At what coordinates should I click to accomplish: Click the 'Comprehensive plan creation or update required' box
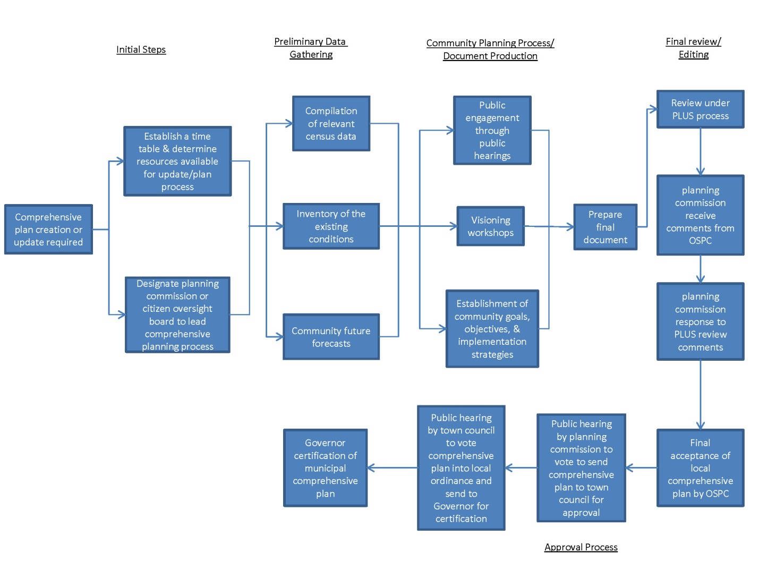click(x=48, y=230)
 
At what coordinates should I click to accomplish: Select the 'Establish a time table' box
click(x=177, y=161)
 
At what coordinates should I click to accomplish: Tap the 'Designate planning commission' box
click(x=177, y=315)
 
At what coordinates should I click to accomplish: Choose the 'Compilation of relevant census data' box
click(x=331, y=123)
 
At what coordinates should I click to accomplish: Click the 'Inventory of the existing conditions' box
click(x=331, y=226)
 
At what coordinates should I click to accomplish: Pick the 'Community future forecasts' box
click(x=331, y=337)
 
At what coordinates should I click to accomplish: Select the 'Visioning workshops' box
click(x=490, y=226)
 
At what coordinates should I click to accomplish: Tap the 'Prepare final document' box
click(x=605, y=227)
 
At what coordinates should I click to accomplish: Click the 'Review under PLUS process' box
click(x=700, y=109)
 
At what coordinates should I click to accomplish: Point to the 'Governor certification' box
click(x=325, y=468)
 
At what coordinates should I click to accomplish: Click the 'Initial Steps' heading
click(x=141, y=49)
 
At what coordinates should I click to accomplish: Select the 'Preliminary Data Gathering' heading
click(x=311, y=48)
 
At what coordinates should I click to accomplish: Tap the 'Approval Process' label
click(x=581, y=547)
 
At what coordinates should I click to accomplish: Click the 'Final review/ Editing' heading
click(x=693, y=48)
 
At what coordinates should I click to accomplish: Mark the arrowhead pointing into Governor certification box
click(x=371, y=468)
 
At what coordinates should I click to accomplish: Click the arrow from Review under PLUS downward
click(x=700, y=151)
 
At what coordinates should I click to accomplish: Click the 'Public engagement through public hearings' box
click(x=492, y=130)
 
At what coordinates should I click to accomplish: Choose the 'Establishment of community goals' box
click(x=492, y=328)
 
